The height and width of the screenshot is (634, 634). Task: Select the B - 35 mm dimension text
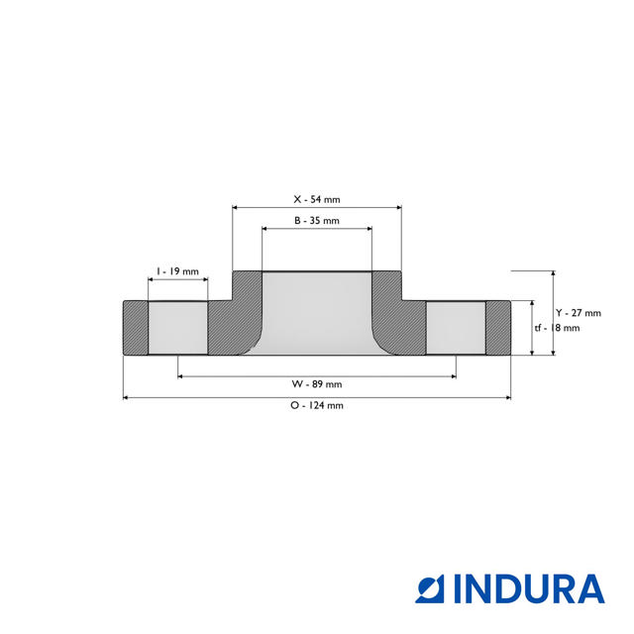[317, 220]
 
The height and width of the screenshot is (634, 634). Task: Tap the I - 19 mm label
[178, 270]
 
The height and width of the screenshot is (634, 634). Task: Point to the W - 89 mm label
[317, 383]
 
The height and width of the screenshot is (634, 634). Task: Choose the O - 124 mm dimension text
[317, 405]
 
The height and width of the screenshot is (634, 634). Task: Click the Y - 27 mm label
[579, 312]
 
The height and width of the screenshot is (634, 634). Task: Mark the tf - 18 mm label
[557, 328]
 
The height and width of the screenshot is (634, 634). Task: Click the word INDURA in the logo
[529, 588]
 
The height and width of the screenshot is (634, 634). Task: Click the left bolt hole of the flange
[178, 328]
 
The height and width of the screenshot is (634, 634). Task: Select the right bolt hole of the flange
[456, 328]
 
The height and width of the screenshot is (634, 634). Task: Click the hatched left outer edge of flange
[135, 328]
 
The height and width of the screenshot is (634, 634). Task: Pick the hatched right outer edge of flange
[498, 328]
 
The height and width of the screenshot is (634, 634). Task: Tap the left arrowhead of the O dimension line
[126, 398]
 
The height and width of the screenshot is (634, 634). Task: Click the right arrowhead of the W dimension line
[453, 376]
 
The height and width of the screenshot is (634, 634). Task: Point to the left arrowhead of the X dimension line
[236, 207]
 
